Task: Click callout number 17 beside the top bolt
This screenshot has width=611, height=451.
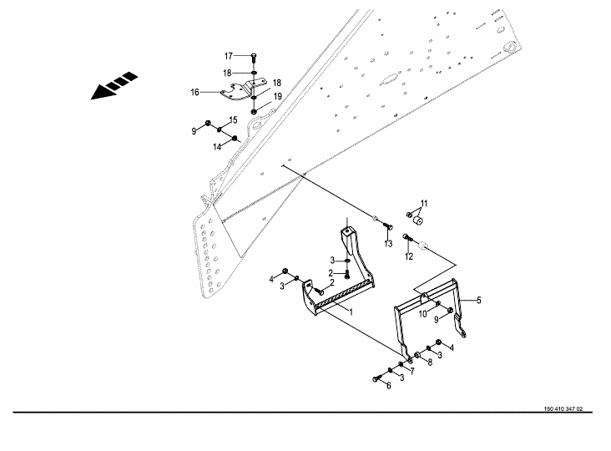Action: tap(228, 56)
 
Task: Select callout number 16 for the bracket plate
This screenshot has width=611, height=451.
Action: tap(195, 93)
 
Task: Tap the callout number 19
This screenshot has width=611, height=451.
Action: tap(279, 97)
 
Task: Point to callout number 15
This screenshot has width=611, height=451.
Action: tap(234, 121)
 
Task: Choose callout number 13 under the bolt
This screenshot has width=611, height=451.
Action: tap(388, 244)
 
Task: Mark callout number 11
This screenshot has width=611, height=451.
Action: tap(423, 204)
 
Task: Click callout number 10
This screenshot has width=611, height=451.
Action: tap(422, 313)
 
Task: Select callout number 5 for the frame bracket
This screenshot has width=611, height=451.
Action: tap(479, 299)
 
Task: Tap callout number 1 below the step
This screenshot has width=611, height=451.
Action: tap(351, 311)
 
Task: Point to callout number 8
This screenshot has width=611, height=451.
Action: tap(430, 362)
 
